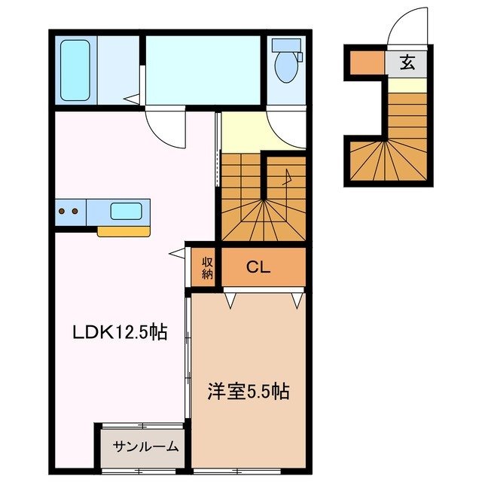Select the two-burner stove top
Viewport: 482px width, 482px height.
tap(69, 212)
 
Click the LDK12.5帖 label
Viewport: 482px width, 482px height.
tap(119, 331)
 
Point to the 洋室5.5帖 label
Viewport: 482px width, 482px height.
tap(249, 392)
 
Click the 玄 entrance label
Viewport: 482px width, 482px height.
tap(407, 63)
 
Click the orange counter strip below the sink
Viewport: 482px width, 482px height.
tap(124, 231)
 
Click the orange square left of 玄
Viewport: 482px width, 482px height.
tap(368, 63)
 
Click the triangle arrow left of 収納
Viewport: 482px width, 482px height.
tap(175, 255)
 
